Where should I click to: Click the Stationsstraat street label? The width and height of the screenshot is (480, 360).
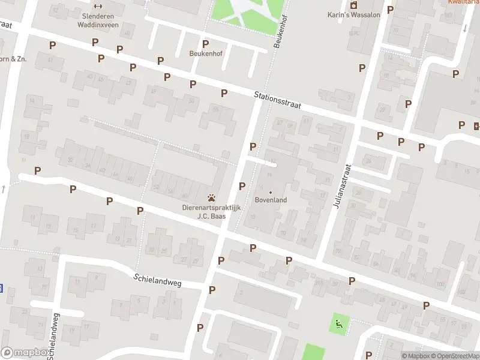point(277,100)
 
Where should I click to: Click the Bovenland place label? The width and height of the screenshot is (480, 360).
point(271,200)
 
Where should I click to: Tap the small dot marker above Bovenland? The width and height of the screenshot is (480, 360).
point(270,192)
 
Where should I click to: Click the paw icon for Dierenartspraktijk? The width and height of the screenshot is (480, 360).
point(211,198)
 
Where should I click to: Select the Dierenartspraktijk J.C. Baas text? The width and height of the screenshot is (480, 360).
point(211,212)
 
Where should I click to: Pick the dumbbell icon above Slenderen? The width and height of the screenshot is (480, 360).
point(98,7)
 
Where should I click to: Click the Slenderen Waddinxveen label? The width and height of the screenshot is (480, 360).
point(98,21)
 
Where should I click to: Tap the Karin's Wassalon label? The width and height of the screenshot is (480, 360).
point(353,15)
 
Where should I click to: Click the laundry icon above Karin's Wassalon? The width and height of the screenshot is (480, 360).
point(353,5)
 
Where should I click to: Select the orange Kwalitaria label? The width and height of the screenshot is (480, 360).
point(463,2)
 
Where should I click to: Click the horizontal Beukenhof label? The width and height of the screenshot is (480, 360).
point(206,53)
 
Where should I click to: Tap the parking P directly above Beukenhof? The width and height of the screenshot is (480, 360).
point(206,44)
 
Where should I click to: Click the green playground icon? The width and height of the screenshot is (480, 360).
point(339,325)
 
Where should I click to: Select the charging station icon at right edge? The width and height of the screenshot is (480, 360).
point(476,125)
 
